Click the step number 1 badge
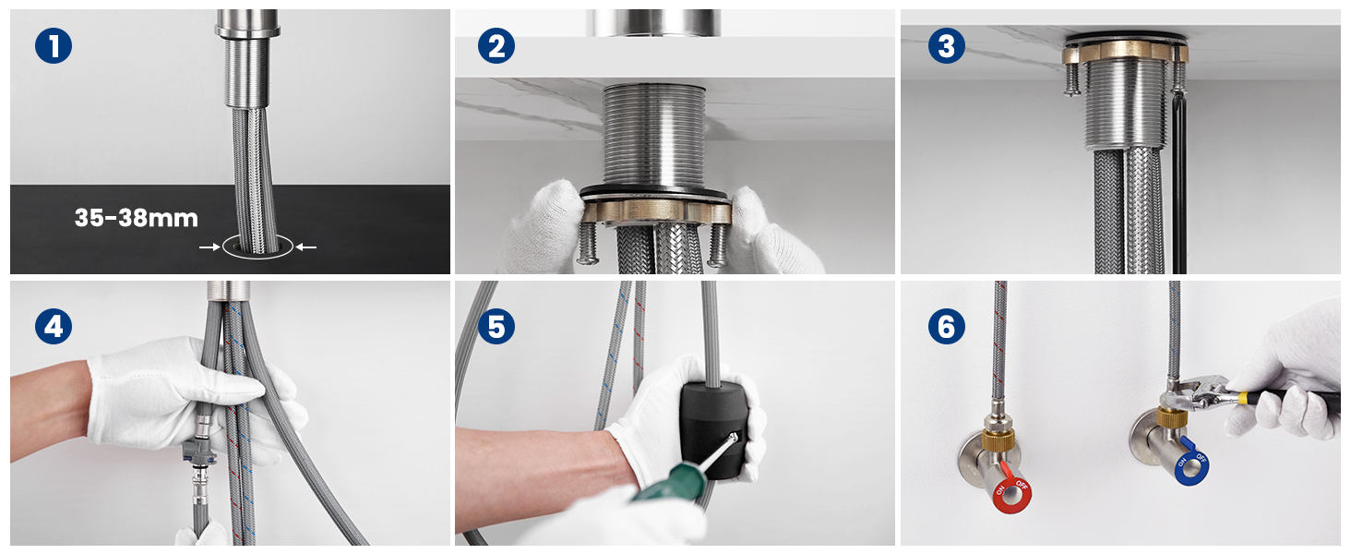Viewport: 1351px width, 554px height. click(x=54, y=46)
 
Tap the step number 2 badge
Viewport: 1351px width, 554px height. click(x=496, y=46)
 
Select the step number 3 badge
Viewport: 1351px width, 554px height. click(x=946, y=46)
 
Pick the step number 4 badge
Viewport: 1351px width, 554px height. click(x=54, y=327)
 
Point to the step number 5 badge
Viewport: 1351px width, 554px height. click(x=496, y=327)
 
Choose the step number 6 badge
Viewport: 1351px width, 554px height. click(x=946, y=327)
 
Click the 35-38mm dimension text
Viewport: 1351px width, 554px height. click(x=137, y=218)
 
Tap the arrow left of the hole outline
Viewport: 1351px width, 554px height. click(x=209, y=247)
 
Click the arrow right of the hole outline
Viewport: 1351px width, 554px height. click(x=305, y=247)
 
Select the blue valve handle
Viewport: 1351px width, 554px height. click(x=1191, y=464)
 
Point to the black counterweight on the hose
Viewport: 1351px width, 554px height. click(x=714, y=428)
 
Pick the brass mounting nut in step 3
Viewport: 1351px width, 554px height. click(x=1125, y=52)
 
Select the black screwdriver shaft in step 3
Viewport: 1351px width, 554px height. click(x=1178, y=181)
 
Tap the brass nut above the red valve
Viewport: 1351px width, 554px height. click(x=998, y=440)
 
